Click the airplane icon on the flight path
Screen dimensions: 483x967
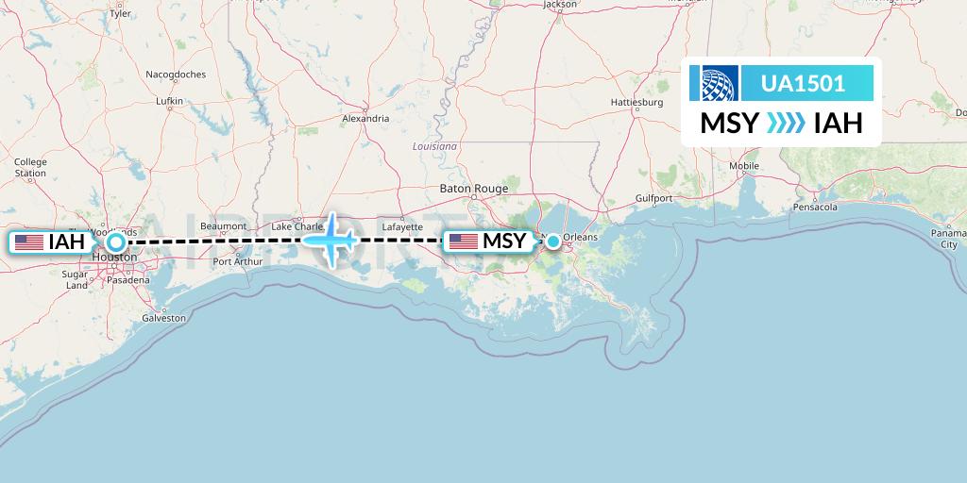[x=331, y=240]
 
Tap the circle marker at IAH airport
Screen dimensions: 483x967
[x=114, y=241]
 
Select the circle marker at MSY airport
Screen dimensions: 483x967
[x=552, y=241]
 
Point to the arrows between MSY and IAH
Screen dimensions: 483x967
[x=787, y=124]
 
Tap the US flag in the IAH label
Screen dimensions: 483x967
[x=29, y=241]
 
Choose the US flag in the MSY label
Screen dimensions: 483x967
[x=463, y=241]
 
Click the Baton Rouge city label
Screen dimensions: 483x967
[x=474, y=189]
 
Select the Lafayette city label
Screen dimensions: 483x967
[x=403, y=227]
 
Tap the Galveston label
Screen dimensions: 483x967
[x=163, y=318]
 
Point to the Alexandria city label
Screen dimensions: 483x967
[x=365, y=119]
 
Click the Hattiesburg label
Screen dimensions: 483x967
[x=637, y=101]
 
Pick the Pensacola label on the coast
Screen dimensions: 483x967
[x=816, y=206]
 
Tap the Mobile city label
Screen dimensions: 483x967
[x=744, y=166]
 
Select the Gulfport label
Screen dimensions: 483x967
[x=653, y=198]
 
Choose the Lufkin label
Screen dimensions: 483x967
[x=169, y=100]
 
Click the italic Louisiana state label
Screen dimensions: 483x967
[x=434, y=146]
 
